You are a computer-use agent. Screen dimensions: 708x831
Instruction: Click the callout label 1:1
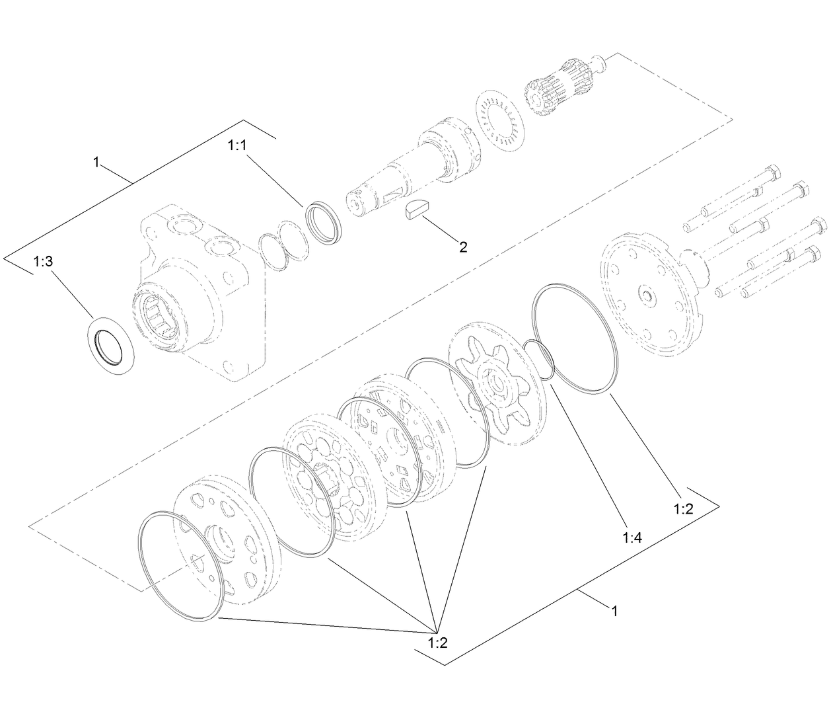[236, 145]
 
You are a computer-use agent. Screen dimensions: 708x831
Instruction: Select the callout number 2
[463, 247]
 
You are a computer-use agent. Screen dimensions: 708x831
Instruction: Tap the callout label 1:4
[632, 537]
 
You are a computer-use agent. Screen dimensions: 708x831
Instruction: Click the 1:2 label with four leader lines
[437, 642]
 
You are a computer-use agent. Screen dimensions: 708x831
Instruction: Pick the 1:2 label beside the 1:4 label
[683, 508]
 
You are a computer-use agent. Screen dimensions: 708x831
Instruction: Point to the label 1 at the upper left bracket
[96, 162]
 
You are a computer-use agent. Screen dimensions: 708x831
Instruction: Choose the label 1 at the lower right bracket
[614, 611]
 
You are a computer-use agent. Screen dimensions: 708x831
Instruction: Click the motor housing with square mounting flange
[198, 291]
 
